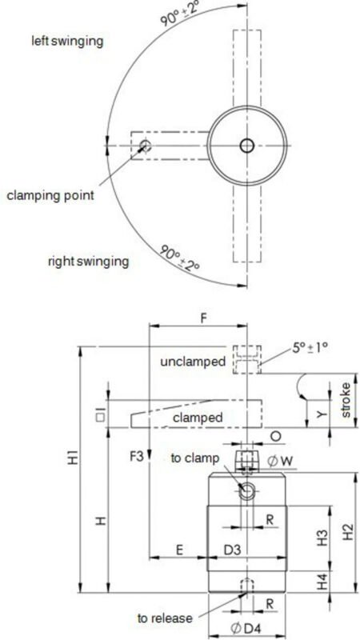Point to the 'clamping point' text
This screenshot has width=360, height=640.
click(x=50, y=194)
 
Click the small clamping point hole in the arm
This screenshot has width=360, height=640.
click(x=144, y=146)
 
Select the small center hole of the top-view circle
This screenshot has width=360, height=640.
click(x=246, y=145)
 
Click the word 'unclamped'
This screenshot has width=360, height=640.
click(x=192, y=362)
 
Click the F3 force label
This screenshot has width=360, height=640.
click(x=138, y=458)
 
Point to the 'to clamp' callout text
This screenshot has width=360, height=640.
click(x=193, y=458)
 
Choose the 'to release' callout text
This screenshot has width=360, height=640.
click(x=164, y=618)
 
